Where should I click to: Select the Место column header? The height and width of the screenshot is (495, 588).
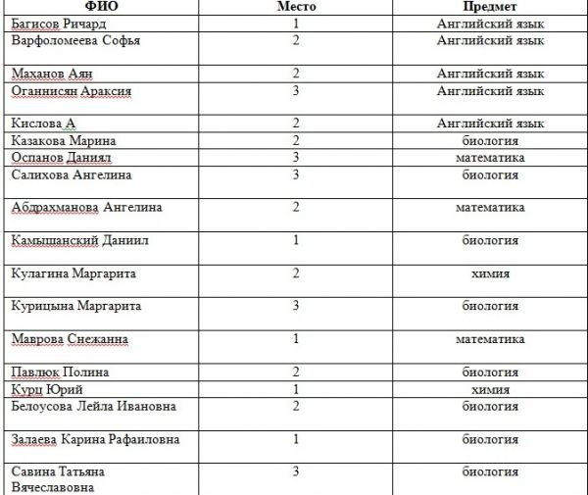point(296,7)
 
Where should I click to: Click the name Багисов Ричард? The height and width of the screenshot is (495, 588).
point(59,24)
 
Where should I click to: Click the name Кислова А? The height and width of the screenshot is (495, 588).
point(43,124)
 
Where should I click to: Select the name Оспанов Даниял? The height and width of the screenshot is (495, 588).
point(63,157)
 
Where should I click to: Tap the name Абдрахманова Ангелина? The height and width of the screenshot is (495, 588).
point(86,208)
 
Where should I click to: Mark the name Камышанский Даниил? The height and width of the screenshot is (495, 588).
point(79,240)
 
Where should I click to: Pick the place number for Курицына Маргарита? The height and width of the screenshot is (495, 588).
point(296,306)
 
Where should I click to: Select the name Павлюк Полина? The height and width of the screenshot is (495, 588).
point(60,372)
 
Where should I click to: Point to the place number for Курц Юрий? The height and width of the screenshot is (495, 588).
point(296,389)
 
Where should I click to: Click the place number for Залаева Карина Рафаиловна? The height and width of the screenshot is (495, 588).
point(296,439)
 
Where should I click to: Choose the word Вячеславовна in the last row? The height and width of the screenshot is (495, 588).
point(56,487)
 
